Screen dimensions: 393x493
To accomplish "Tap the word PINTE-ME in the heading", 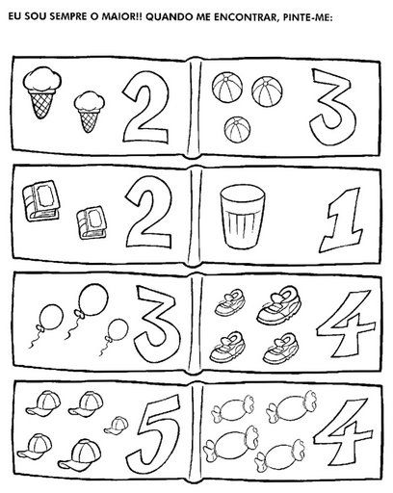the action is click(308, 16).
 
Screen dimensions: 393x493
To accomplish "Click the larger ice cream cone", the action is click(42, 92).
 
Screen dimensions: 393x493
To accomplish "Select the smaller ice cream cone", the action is click(90, 112).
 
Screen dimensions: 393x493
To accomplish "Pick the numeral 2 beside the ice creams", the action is click(146, 106).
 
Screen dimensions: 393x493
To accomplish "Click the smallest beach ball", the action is click(237, 129).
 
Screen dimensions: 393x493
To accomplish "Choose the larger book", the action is click(41, 200).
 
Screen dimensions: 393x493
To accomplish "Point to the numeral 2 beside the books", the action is click(149, 213).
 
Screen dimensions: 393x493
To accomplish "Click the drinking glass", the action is click(243, 217).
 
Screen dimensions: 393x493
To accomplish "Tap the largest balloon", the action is click(93, 299).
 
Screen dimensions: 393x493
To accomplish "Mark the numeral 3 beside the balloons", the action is click(157, 324).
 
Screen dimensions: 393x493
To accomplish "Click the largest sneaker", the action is click(279, 305).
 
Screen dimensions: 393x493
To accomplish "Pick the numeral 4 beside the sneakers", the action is click(346, 324).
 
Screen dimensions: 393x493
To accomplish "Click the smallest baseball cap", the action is click(116, 426).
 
